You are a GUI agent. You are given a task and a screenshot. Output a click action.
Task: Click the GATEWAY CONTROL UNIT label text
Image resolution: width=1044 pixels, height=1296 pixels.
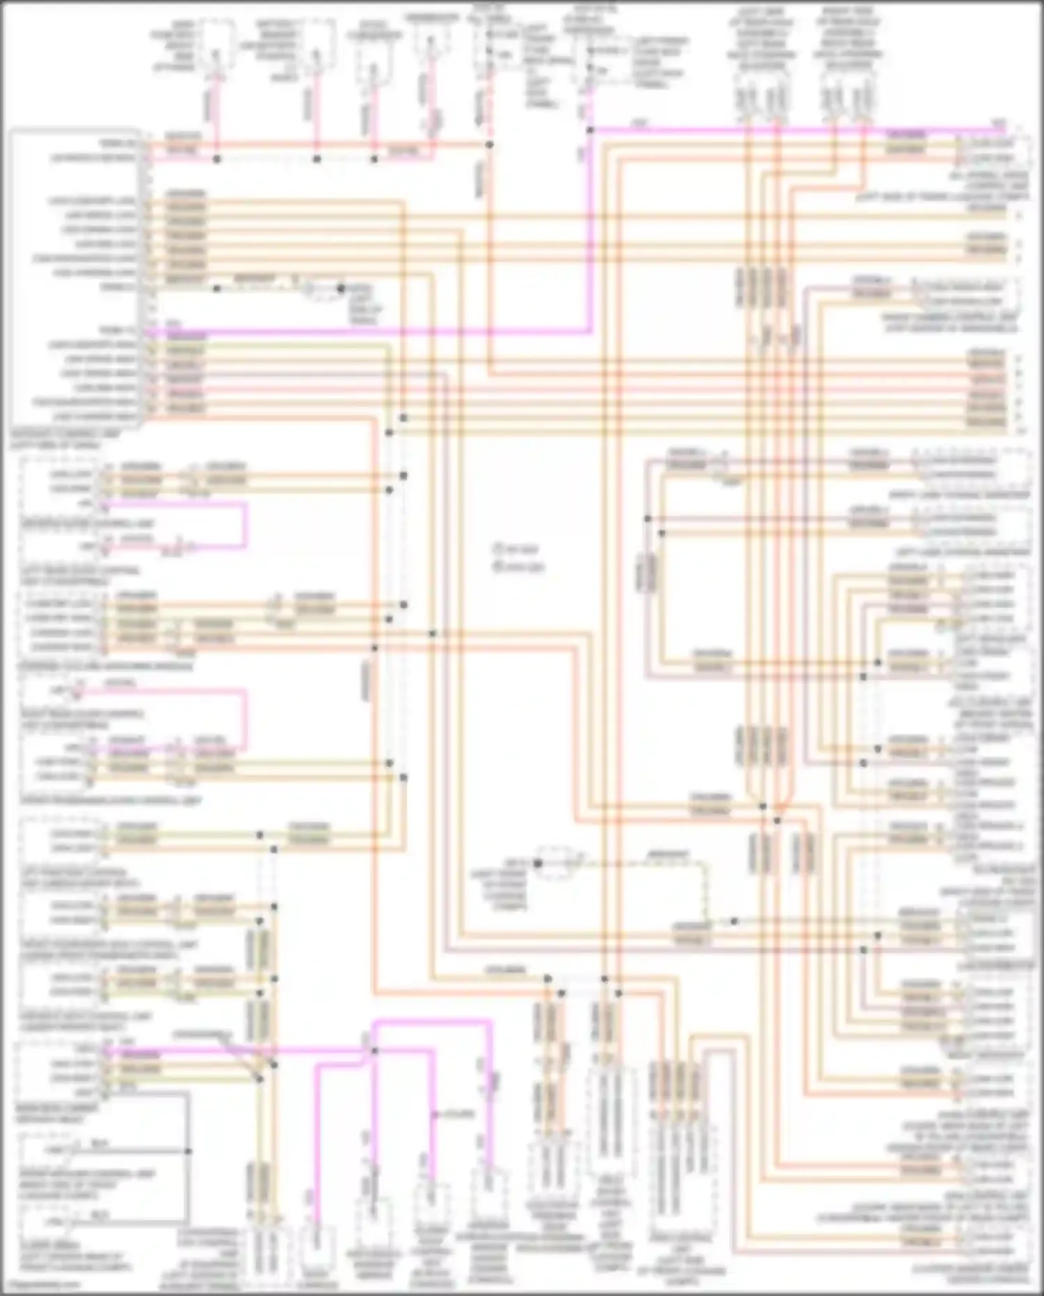66,439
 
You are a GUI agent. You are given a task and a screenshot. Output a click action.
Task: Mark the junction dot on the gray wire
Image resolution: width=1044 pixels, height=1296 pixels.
188,1151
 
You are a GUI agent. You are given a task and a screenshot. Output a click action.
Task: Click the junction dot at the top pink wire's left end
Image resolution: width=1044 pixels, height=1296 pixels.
590,130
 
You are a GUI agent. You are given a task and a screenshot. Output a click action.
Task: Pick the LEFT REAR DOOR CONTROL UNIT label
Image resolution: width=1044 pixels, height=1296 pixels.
80,575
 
